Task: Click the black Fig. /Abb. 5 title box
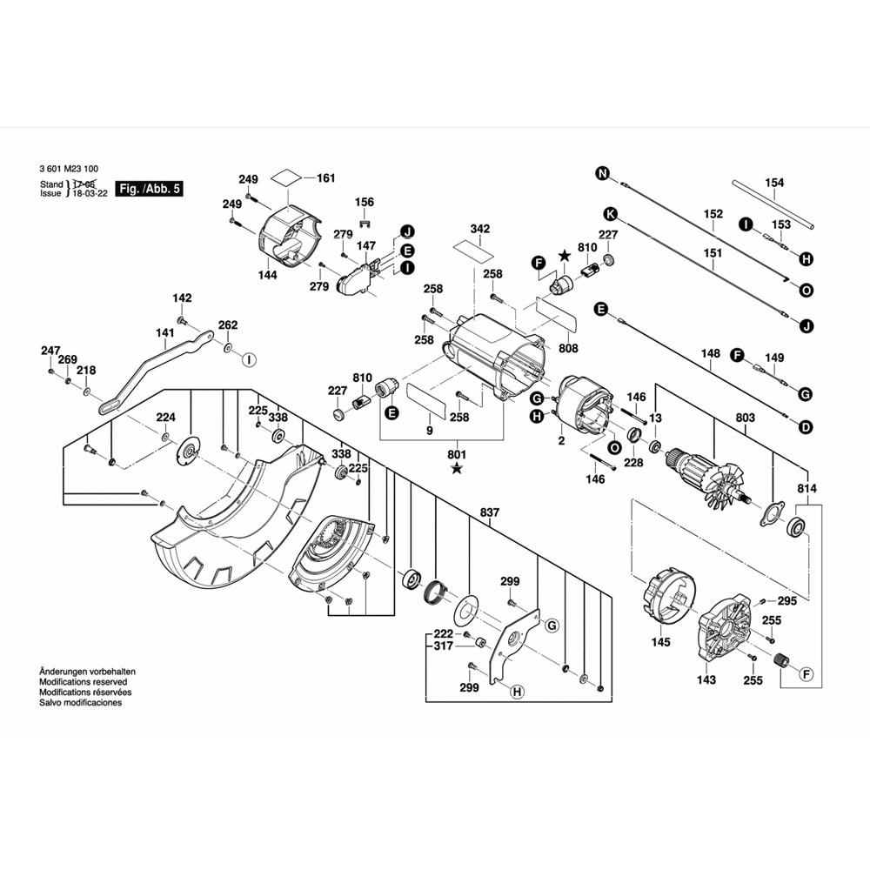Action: [x=150, y=189]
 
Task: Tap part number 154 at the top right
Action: [x=773, y=183]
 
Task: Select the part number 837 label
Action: [x=490, y=512]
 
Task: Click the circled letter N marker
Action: [x=601, y=174]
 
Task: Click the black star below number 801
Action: [x=458, y=470]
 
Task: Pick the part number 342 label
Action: [x=479, y=229]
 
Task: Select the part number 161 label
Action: [x=325, y=178]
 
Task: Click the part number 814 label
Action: [x=807, y=489]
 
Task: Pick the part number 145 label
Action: [x=660, y=642]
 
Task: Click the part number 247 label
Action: [x=50, y=351]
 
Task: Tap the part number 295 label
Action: [x=786, y=601]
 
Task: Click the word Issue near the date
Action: [x=51, y=194]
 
